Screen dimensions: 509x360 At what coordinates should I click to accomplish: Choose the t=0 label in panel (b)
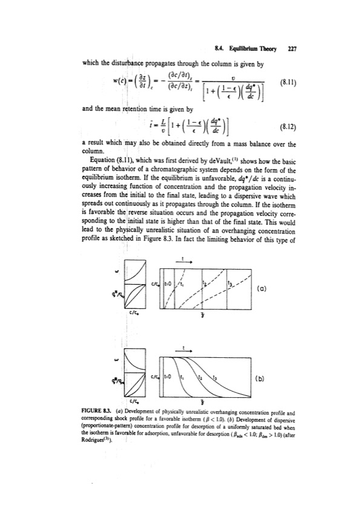click(x=170, y=376)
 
